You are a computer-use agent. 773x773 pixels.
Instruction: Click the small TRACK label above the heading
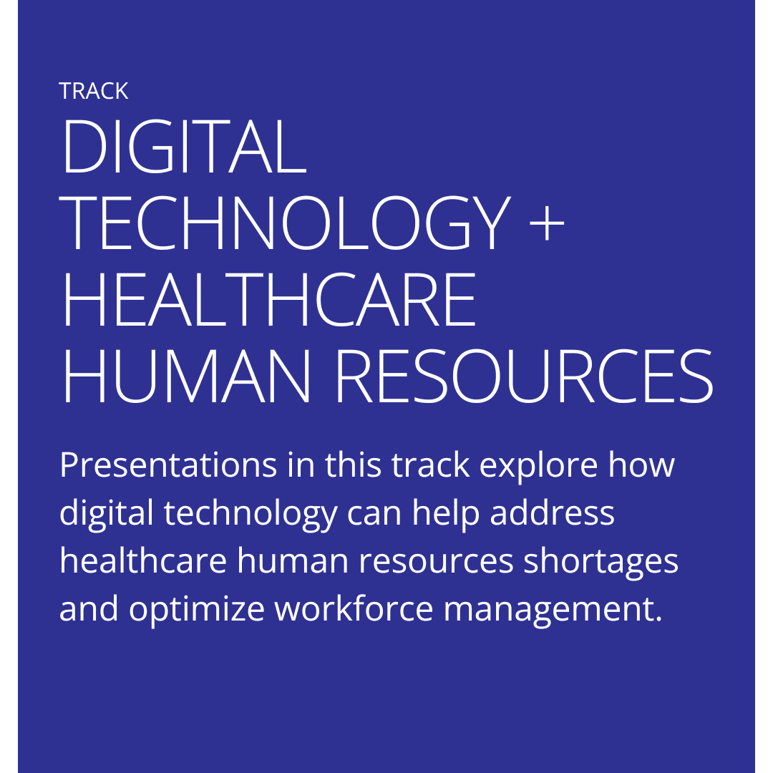pyautogui.click(x=94, y=91)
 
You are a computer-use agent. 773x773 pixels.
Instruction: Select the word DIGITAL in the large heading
pyautogui.click(x=183, y=147)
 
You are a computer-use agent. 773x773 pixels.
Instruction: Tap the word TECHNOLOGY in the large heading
pyautogui.click(x=284, y=223)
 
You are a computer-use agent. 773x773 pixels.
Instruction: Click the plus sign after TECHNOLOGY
pyautogui.click(x=546, y=223)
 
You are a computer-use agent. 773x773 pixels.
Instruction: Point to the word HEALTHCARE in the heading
pyautogui.click(x=269, y=299)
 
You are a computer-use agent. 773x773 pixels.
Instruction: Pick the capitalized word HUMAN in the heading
pyautogui.click(x=187, y=376)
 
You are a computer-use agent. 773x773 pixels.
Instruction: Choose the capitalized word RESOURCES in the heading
pyautogui.click(x=524, y=376)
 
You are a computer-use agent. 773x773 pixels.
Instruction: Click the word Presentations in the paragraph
pyautogui.click(x=168, y=465)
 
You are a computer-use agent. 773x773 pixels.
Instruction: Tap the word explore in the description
pyautogui.click(x=539, y=466)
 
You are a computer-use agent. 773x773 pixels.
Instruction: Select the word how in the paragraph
pyautogui.click(x=641, y=465)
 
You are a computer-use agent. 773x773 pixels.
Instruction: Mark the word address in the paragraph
pyautogui.click(x=552, y=512)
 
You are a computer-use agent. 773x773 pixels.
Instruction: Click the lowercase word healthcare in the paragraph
pyautogui.click(x=143, y=560)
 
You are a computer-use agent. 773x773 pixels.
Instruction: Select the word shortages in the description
pyautogui.click(x=601, y=562)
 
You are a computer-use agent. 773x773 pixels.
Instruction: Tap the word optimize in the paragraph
pyautogui.click(x=197, y=609)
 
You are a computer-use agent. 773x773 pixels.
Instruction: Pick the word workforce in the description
pyautogui.click(x=354, y=608)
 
